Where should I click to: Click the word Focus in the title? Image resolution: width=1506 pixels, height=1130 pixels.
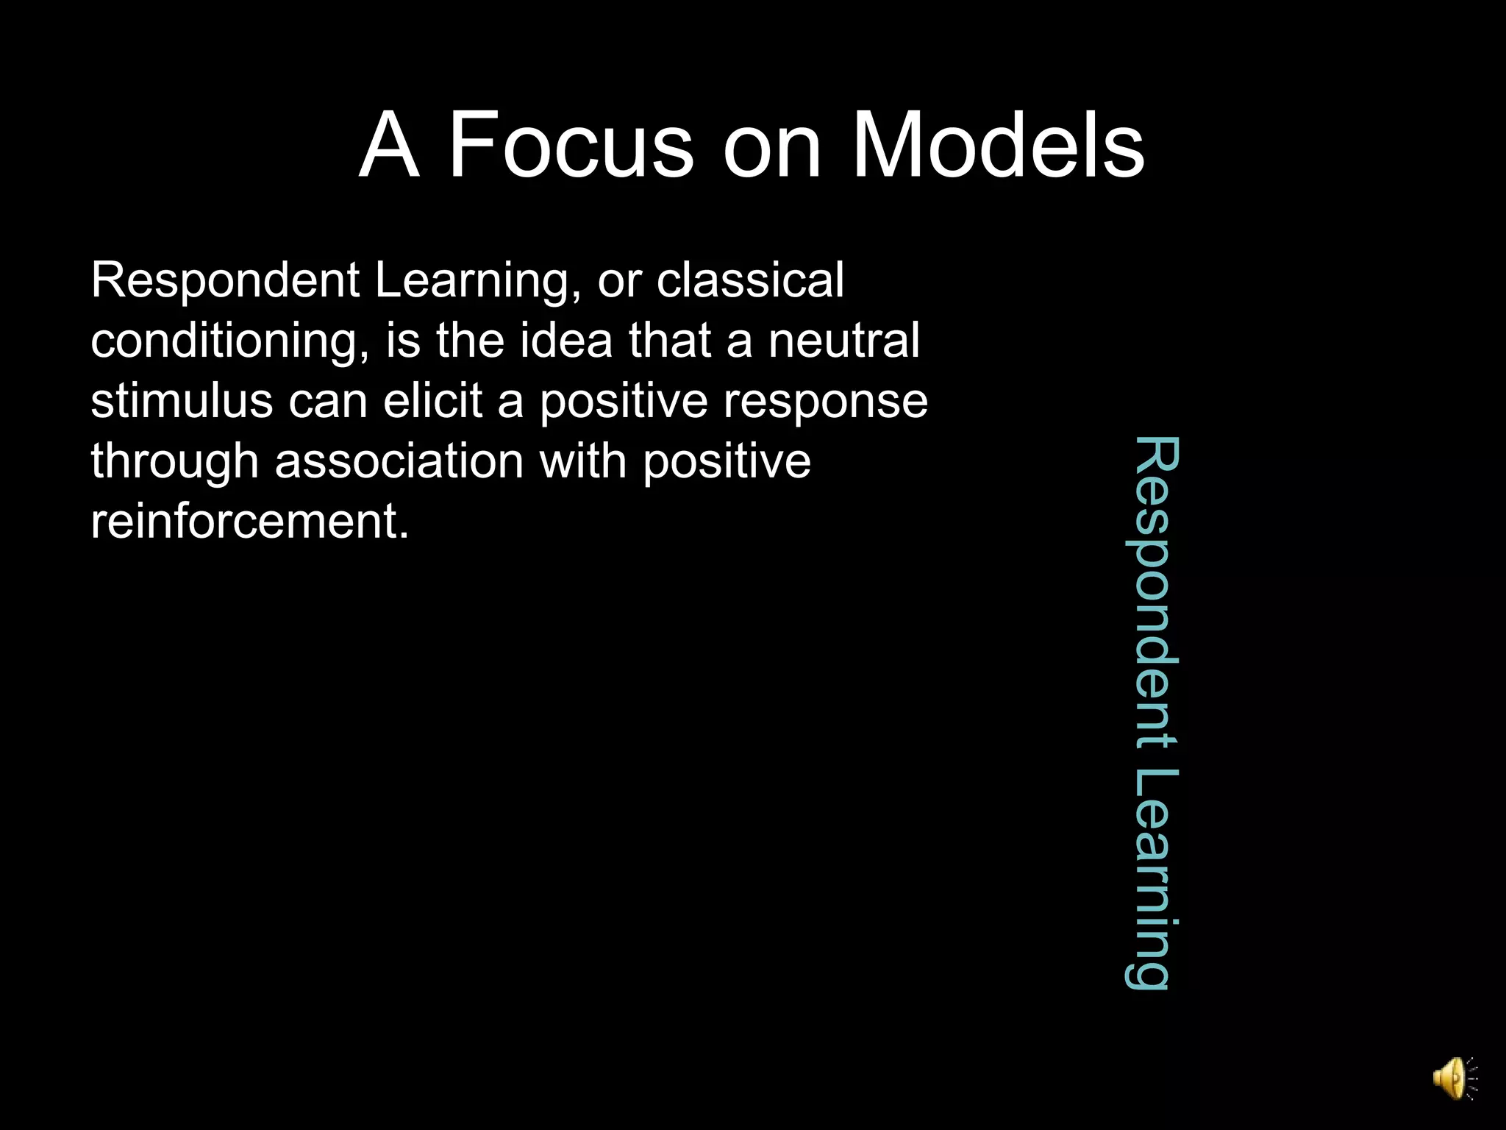(571, 145)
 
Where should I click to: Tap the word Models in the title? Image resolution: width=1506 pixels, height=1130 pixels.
(998, 145)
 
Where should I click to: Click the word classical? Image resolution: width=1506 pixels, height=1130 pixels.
(750, 280)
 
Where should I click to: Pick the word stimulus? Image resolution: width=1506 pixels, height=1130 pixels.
(182, 402)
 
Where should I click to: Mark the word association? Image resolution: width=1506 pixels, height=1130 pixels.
(399, 462)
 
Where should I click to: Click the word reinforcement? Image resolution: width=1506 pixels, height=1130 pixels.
(249, 522)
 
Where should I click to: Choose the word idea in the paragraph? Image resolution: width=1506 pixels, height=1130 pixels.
(565, 341)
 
